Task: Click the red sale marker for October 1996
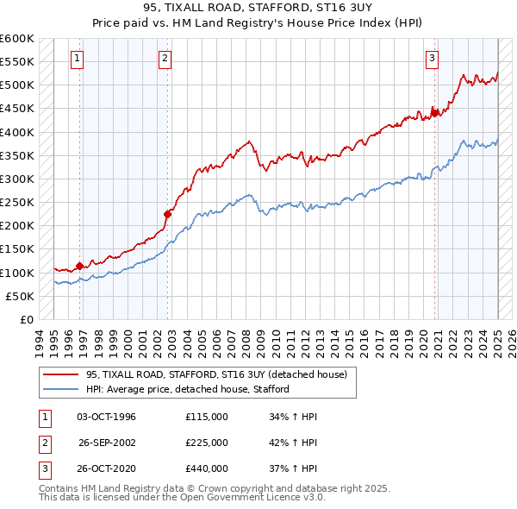click(79, 266)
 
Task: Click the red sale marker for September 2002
click(168, 214)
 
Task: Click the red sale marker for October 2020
click(435, 112)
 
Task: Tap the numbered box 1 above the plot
click(78, 59)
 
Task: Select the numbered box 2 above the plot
click(165, 59)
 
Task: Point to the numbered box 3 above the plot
click(432, 59)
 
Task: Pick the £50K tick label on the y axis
click(21, 296)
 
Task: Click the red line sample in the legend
click(60, 374)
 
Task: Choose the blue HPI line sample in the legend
click(60, 389)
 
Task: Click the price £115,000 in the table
click(207, 417)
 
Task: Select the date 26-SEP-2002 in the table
click(106, 443)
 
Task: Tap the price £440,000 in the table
click(207, 468)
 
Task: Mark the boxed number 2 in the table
click(44, 443)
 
